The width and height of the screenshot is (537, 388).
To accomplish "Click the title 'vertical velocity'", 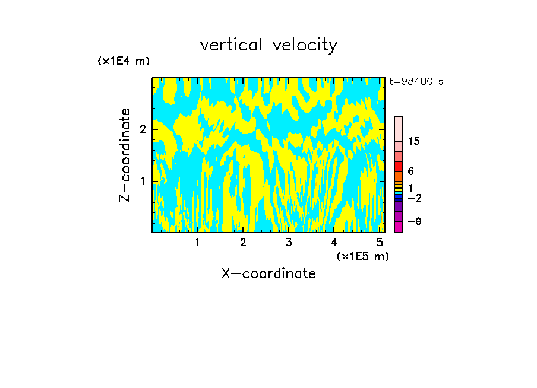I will pyautogui.click(x=268, y=45).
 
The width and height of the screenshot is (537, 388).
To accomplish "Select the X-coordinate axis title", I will pyautogui.click(x=268, y=273).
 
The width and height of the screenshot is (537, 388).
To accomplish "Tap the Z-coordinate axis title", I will pyautogui.click(x=125, y=155).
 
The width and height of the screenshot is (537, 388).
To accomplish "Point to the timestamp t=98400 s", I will pyautogui.click(x=416, y=82).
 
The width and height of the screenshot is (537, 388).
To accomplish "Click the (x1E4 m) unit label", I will pyautogui.click(x=124, y=61).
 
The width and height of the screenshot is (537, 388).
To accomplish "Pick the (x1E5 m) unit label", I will pyautogui.click(x=362, y=256).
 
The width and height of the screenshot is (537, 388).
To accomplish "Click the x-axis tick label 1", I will pyautogui.click(x=197, y=242).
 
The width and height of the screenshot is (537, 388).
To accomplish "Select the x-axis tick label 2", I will pyautogui.click(x=243, y=242).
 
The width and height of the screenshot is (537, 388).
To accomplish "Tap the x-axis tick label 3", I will pyautogui.click(x=289, y=242).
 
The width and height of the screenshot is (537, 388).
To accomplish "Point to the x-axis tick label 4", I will pyautogui.click(x=334, y=242).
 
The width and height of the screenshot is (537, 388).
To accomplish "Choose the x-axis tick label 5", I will pyautogui.click(x=380, y=242).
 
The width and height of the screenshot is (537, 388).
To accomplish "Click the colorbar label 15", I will pyautogui.click(x=414, y=141).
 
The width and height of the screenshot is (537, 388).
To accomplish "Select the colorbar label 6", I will pyautogui.click(x=410, y=171).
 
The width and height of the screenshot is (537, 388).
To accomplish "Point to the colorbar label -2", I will pyautogui.click(x=414, y=198).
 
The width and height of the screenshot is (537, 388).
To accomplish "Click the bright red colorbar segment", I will pyautogui.click(x=398, y=166).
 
